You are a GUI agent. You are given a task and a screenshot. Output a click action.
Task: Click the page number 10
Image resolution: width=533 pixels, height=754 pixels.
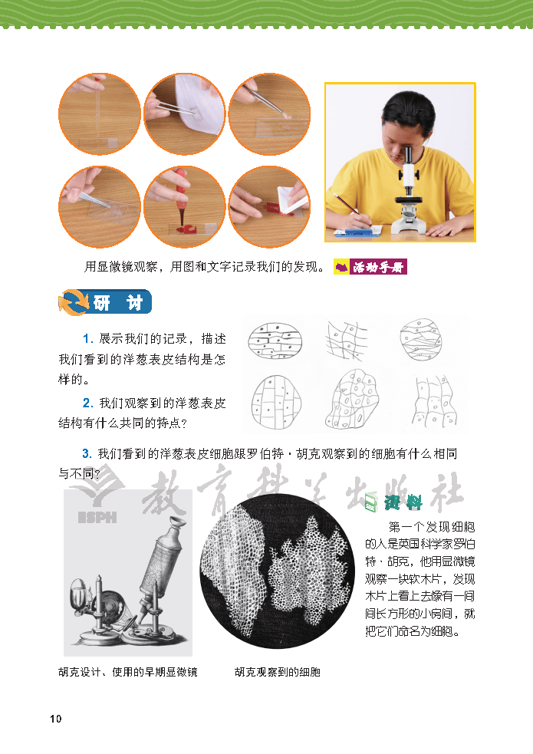point(54,719)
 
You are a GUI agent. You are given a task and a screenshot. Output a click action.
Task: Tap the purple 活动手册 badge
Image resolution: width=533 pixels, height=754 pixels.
point(371,267)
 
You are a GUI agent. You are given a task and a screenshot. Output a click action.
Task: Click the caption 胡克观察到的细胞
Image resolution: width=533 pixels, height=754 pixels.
point(277,672)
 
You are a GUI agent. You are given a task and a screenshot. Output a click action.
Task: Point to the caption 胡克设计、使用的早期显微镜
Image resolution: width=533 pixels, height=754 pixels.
point(128,672)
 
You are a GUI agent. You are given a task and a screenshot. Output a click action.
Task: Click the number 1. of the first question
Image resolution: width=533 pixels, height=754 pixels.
point(88,338)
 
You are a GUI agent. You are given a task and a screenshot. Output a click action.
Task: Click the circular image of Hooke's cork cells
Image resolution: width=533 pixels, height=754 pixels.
point(278,572)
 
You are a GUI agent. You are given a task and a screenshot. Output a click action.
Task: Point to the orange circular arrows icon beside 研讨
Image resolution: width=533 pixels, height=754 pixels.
point(71,303)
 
